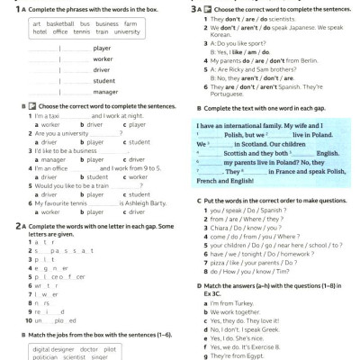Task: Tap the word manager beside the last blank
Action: pos(105,92)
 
